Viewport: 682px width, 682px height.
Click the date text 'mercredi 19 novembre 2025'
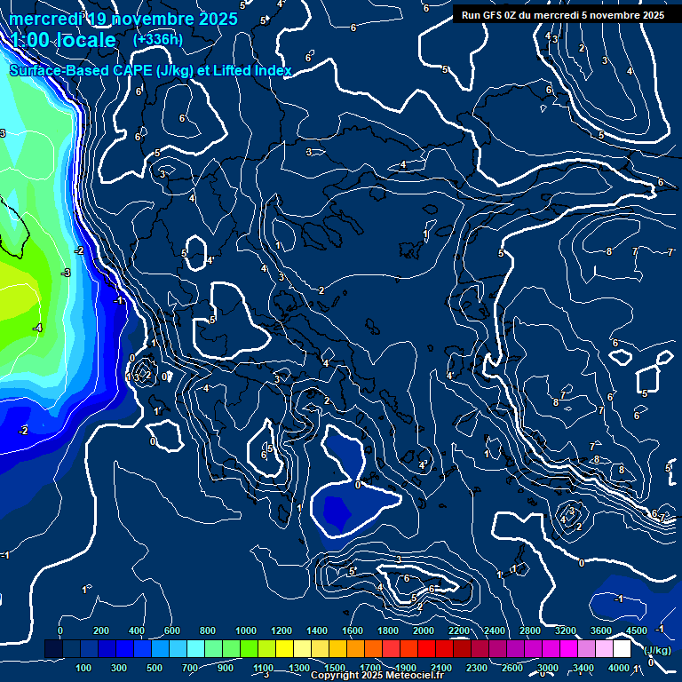pyautogui.click(x=124, y=18)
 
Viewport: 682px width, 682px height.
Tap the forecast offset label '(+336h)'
pyautogui.click(x=158, y=39)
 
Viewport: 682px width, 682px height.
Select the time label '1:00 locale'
pyautogui.click(x=64, y=41)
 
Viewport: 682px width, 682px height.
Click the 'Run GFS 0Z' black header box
pyautogui.click(x=563, y=14)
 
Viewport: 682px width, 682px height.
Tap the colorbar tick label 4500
pyautogui.click(x=637, y=630)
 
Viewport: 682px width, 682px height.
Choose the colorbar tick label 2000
pyautogui.click(x=424, y=630)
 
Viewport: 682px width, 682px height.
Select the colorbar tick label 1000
pyautogui.click(x=246, y=630)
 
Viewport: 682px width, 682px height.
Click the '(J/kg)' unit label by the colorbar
pyautogui.click(x=657, y=650)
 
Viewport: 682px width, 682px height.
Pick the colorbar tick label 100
pyautogui.click(x=83, y=668)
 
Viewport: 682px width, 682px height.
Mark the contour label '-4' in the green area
pyautogui.click(x=36, y=329)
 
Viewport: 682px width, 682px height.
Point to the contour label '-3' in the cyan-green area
pyautogui.click(x=65, y=273)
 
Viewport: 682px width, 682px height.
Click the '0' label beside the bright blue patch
pyautogui.click(x=358, y=485)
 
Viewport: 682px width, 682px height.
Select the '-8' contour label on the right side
pyautogui.click(x=608, y=252)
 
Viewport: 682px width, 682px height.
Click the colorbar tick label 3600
pyautogui.click(x=601, y=630)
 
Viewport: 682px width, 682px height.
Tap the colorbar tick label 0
pyautogui.click(x=60, y=630)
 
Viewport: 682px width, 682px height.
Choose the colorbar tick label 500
pyautogui.click(x=155, y=668)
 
